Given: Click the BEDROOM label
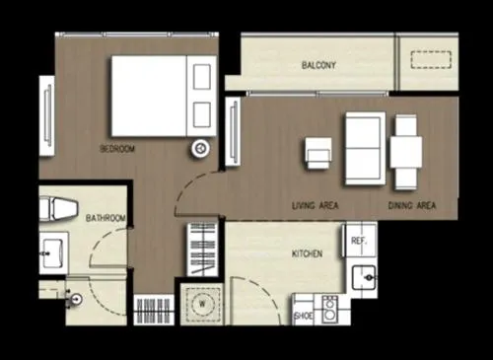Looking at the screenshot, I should click(117, 149).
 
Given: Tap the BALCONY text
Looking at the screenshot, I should click(319, 66).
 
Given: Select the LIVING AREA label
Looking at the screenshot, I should click(317, 206).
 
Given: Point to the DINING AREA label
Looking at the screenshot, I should click(413, 206).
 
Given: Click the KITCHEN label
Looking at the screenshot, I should click(307, 254).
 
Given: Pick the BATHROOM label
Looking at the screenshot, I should click(106, 217).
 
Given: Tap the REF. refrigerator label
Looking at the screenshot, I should click(359, 241).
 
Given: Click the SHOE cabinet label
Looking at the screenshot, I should click(304, 317).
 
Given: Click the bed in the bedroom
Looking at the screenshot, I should click(164, 95).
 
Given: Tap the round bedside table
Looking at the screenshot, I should click(200, 148).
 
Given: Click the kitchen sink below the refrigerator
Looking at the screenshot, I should click(363, 279).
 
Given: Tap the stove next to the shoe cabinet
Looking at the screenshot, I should click(328, 309).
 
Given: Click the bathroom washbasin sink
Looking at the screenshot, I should click(52, 252).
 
